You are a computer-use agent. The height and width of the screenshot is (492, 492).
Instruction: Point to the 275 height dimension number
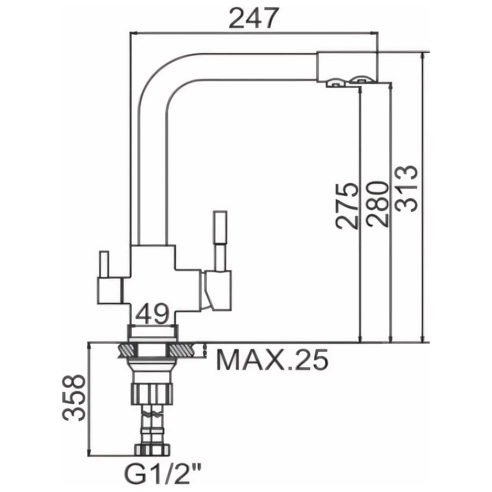[x=347, y=206]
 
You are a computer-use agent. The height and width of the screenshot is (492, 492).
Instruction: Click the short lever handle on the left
[x=103, y=264]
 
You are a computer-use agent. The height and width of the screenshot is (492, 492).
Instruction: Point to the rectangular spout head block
[x=347, y=67]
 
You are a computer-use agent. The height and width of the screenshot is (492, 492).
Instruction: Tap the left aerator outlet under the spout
[x=335, y=83]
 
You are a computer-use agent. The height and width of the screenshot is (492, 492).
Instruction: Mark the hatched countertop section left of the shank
[x=126, y=350]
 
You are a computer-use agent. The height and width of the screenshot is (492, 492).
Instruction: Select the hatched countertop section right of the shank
[x=184, y=350]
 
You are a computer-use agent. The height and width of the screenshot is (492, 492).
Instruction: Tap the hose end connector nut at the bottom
[x=152, y=449]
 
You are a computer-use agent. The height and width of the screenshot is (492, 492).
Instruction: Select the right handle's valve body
[x=218, y=290]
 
